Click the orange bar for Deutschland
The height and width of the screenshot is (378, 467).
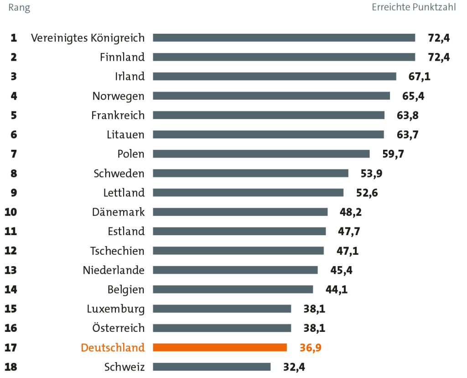tap(220, 347)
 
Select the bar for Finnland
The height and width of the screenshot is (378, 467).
tap(284, 57)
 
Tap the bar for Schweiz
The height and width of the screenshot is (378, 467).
tap(212, 367)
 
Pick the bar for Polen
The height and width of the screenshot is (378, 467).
tap(261, 154)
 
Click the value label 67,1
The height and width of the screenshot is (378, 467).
tap(419, 76)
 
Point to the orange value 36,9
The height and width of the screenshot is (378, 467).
tap(310, 347)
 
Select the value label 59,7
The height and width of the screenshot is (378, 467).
tap(393, 154)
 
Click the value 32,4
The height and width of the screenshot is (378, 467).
tap(294, 367)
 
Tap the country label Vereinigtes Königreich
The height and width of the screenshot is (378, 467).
tap(88, 38)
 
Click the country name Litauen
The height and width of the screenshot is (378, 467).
tap(126, 135)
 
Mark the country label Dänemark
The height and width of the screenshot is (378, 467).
tap(118, 212)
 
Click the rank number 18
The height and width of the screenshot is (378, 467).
tap(10, 367)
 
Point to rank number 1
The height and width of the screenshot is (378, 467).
tap(14, 38)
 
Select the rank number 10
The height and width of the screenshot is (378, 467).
tap(10, 212)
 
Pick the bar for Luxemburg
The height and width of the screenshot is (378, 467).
tap(222, 309)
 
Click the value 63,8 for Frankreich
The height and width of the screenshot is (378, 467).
tap(408, 115)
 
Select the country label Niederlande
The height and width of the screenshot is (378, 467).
tap(114, 270)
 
